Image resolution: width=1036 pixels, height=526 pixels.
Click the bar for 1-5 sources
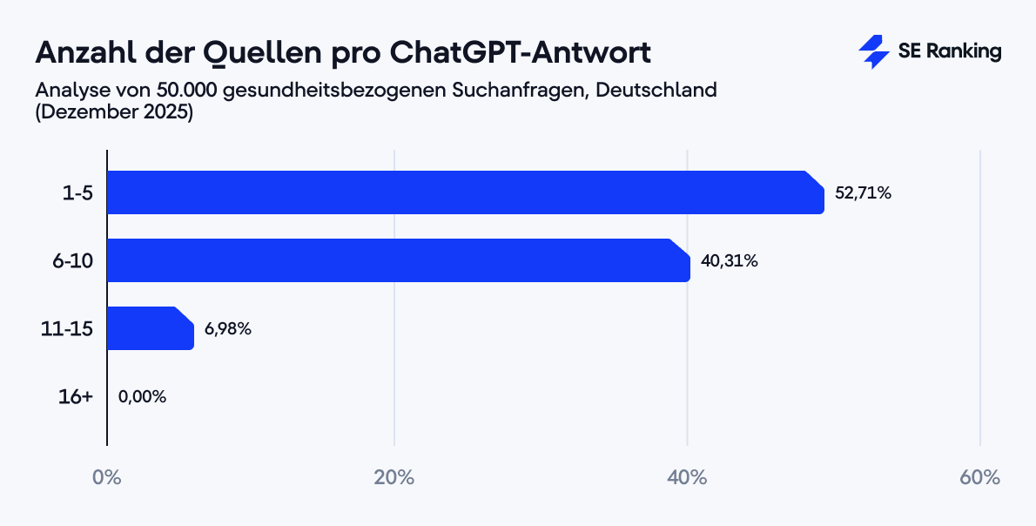tap(465, 192)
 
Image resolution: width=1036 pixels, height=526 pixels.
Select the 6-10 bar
tap(398, 260)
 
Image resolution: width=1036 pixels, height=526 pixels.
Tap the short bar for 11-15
tap(150, 328)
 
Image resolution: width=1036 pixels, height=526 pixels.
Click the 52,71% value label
tap(863, 193)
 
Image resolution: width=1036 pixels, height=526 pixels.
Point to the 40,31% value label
tap(729, 260)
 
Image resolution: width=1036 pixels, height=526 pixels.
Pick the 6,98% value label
tap(228, 328)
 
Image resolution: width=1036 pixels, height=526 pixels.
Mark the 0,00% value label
tap(142, 396)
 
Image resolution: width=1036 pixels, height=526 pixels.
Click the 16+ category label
tap(76, 396)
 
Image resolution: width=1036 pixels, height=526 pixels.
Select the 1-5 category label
tap(77, 193)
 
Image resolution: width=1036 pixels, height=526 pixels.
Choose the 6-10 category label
tap(73, 260)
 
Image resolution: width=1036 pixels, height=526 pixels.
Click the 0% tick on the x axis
tap(107, 478)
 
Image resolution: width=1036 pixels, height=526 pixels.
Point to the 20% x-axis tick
tap(394, 478)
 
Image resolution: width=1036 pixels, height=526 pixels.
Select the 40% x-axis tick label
tap(687, 478)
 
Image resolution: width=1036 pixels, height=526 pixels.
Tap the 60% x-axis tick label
tap(980, 478)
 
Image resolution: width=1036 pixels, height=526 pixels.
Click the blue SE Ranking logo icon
tap(872, 52)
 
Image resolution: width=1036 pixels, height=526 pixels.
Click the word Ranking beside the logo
tap(963, 52)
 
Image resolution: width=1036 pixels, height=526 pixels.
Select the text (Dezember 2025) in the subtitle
tap(113, 112)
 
